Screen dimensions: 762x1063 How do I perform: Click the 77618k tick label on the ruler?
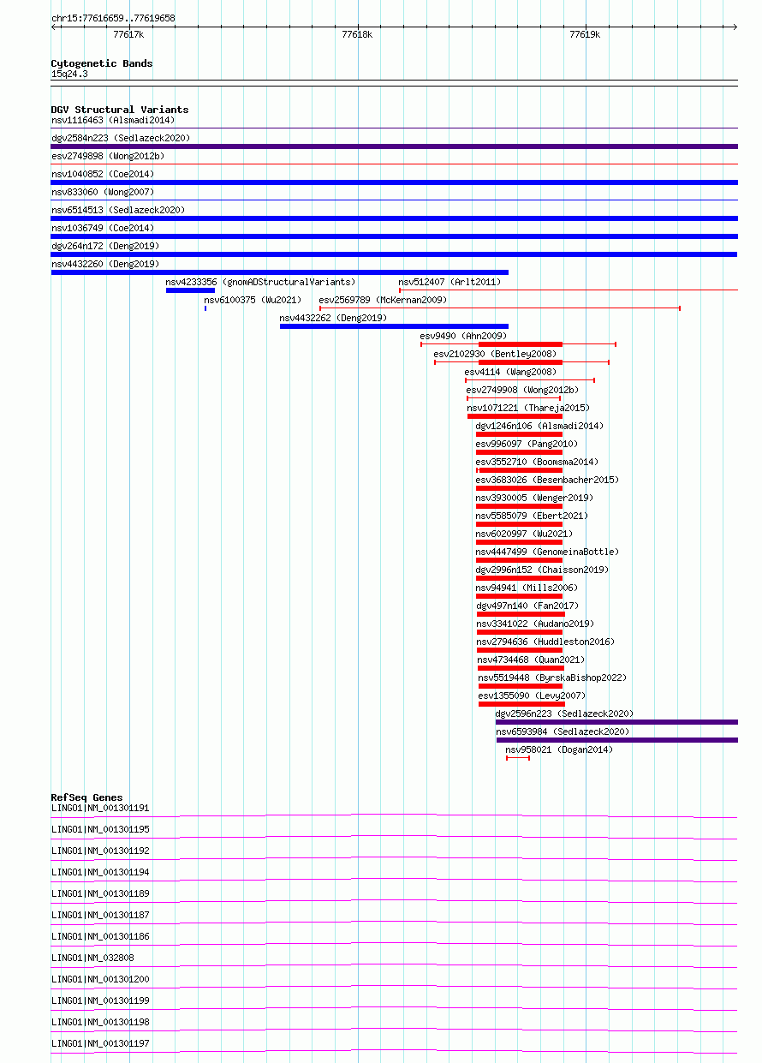[357, 34]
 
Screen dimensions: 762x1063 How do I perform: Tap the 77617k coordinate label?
[128, 34]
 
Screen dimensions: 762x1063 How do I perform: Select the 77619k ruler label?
[585, 34]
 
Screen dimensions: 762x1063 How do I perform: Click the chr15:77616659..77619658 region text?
[113, 18]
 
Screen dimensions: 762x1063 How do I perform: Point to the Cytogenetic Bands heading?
[102, 63]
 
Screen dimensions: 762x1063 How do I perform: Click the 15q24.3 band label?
[69, 74]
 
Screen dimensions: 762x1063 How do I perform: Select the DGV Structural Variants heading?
[120, 109]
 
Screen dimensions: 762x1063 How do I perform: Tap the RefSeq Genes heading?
[86, 797]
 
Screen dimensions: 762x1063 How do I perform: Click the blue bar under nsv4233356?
[190, 290]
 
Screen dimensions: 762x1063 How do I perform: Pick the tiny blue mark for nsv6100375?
[205, 308]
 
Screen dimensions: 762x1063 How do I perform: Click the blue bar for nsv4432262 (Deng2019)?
[394, 326]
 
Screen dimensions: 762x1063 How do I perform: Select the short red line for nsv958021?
[518, 758]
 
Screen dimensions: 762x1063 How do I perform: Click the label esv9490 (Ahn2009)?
[463, 336]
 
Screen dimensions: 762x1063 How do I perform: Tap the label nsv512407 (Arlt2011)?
[449, 282]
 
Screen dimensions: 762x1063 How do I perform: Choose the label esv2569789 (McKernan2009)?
[383, 300]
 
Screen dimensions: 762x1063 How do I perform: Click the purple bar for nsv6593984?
[616, 740]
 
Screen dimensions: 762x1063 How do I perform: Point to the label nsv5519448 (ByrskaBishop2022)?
[552, 678]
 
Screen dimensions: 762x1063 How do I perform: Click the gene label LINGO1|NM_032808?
[92, 958]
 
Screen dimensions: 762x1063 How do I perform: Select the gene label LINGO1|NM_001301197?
[100, 1043]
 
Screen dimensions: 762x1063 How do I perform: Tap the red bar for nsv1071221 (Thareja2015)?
[515, 416]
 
